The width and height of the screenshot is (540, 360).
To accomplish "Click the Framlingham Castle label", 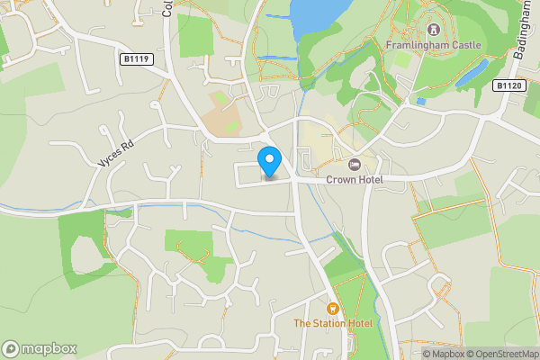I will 433,45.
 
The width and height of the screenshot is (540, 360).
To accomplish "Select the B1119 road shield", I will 136,58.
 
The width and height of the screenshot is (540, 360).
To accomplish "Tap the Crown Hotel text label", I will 355,180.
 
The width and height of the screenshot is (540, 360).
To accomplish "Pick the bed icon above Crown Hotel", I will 355,165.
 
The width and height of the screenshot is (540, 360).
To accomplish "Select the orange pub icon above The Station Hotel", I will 332,308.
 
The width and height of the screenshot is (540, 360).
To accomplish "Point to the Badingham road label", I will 522,36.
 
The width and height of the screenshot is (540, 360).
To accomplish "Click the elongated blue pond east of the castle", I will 472,75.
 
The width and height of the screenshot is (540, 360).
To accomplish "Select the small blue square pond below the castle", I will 420,102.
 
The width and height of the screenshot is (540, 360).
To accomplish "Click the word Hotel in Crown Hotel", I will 368,180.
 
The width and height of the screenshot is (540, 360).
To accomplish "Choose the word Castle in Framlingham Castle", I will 466,45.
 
